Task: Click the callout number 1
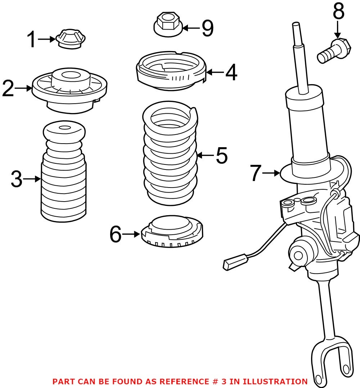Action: coord(32,39)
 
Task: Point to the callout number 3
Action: coord(17,179)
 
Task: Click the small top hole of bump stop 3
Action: coord(64,128)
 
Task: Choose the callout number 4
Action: coord(231,72)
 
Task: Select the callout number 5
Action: coord(222,155)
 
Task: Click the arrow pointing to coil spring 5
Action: coord(205,155)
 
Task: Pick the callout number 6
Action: coord(116,234)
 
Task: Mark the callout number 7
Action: coord(255,173)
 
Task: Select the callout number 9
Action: coord(207,28)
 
